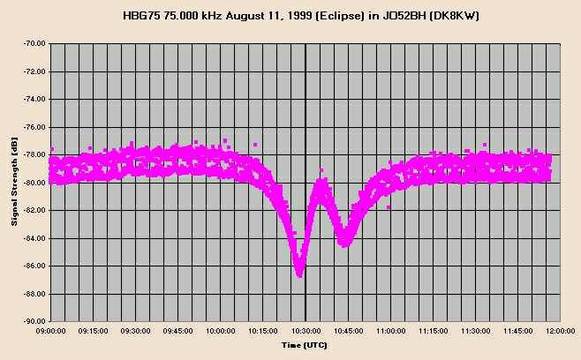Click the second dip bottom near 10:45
(343, 243)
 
